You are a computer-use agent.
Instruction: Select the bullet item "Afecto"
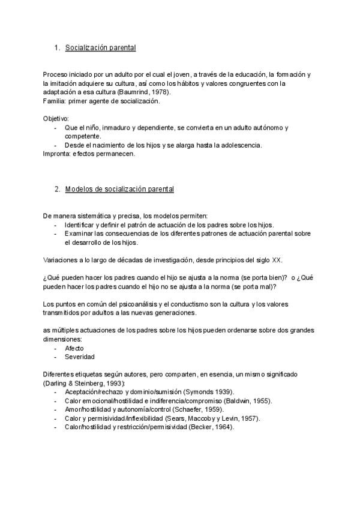74,348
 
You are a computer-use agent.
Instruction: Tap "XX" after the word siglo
277,260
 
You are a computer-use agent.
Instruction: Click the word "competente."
83,136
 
